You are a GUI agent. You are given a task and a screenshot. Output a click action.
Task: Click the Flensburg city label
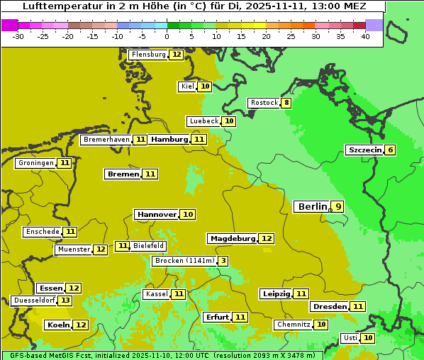(x=149, y=55)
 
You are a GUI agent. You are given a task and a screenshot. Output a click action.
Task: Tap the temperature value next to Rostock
(x=286, y=103)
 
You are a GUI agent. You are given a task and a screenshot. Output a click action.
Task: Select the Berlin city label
(x=312, y=207)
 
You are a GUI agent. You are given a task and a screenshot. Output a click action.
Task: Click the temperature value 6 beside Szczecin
(x=390, y=150)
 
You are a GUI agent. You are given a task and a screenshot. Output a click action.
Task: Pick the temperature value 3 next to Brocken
(x=223, y=261)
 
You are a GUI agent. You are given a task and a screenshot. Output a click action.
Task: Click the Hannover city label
(x=157, y=214)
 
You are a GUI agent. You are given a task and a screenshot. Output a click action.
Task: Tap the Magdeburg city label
(x=232, y=239)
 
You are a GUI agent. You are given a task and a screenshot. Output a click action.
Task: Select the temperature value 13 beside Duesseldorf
(x=65, y=300)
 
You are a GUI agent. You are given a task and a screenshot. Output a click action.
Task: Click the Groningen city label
(x=35, y=163)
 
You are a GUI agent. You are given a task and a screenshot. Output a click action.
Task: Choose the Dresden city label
(x=330, y=307)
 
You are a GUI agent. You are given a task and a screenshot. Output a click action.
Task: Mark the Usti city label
(x=350, y=338)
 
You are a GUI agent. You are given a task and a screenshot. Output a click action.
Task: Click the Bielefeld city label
(x=148, y=246)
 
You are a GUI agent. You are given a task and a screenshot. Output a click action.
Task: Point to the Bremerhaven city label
(x=106, y=140)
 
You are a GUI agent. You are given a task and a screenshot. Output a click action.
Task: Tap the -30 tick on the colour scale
(x=18, y=35)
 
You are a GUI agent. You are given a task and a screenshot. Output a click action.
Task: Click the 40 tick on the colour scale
(x=365, y=35)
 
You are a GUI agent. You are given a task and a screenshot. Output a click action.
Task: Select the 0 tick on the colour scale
(x=167, y=35)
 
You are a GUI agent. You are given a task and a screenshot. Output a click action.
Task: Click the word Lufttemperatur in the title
(x=60, y=6)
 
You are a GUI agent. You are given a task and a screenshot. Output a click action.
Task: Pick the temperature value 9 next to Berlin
(x=338, y=207)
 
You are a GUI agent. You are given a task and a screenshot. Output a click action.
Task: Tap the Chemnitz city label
(x=294, y=325)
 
